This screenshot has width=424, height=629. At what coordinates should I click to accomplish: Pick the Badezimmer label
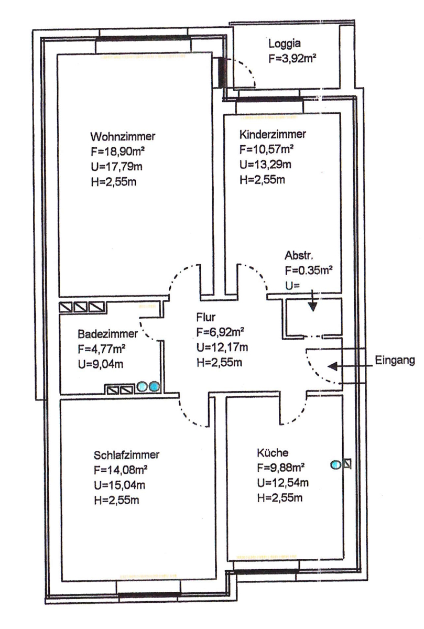107,333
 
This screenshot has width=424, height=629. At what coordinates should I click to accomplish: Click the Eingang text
395,361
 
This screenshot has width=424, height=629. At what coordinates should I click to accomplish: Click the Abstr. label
299,257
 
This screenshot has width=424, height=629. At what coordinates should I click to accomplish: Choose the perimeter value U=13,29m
265,166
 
